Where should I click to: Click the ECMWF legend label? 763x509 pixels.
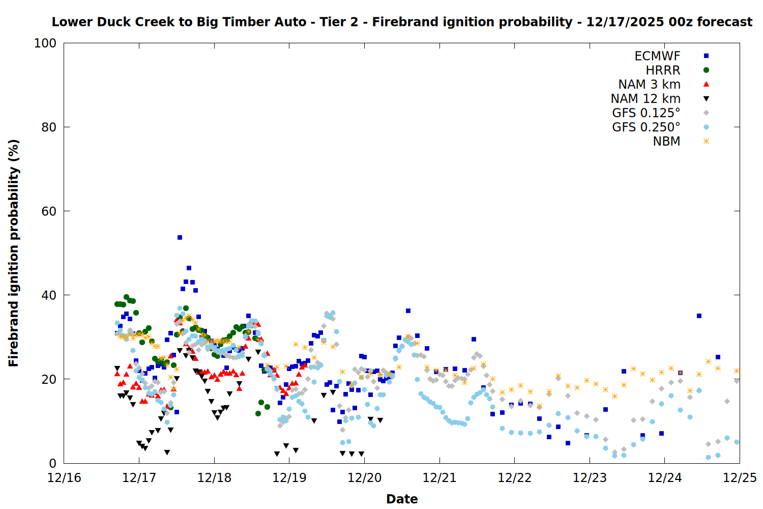click(657, 56)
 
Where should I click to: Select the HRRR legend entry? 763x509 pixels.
click(663, 70)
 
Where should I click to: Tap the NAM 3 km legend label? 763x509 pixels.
click(649, 84)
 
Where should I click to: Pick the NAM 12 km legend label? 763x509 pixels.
click(645, 99)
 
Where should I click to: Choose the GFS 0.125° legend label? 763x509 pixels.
click(646, 113)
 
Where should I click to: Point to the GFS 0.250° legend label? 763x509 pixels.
click(646, 127)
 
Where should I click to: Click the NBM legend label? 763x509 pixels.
click(666, 142)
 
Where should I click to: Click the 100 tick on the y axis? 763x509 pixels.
click(45, 43)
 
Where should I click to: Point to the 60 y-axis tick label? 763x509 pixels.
click(49, 211)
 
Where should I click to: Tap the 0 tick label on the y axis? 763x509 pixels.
click(52, 463)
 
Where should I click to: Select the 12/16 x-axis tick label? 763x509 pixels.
click(64, 478)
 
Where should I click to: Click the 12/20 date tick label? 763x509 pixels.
click(364, 478)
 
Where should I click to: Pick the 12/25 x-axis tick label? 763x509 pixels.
click(740, 478)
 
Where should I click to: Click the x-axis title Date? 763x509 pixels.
click(402, 499)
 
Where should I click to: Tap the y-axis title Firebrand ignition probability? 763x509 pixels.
click(13, 253)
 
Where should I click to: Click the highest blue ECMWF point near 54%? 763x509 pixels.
click(180, 238)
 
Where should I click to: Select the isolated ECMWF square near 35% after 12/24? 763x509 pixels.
click(699, 316)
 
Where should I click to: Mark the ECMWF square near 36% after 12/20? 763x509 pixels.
click(408, 311)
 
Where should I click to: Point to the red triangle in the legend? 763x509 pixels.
click(706, 84)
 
